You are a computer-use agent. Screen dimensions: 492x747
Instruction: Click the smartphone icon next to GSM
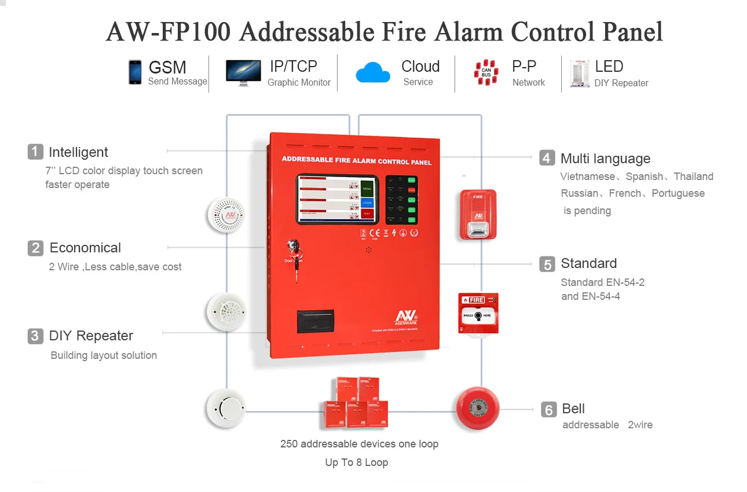pos(135,72)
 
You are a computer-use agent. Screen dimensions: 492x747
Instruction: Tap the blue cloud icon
pos(373,73)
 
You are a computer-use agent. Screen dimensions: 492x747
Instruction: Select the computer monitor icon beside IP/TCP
pos(243,73)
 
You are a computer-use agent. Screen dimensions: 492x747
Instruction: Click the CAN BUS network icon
pos(486,73)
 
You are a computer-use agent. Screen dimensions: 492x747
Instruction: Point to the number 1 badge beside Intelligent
pos(35,152)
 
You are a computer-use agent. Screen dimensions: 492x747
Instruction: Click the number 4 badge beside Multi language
pos(547,157)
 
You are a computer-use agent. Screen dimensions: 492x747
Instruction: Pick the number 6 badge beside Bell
pos(548,409)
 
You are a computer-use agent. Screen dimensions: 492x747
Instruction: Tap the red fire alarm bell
pos(477,409)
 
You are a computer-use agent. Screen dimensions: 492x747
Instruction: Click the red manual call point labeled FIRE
pos(478,313)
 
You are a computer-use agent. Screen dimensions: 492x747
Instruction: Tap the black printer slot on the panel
pos(315,320)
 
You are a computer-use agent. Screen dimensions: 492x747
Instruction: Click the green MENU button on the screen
pos(367,189)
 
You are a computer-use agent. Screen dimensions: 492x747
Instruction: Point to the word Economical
pos(85,248)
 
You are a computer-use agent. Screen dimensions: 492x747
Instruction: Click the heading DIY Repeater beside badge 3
pos(91,336)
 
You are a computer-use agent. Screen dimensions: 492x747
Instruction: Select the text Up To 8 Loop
pos(356,462)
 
